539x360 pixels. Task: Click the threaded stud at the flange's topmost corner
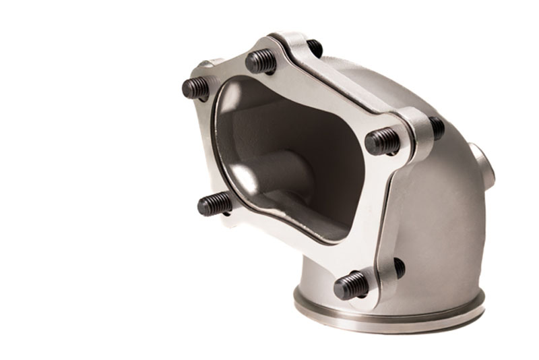[261, 61]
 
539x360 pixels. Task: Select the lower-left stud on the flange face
[214, 203]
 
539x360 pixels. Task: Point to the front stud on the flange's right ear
[383, 141]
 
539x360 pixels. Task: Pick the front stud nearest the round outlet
[351, 285]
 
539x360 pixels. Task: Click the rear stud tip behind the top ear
[314, 48]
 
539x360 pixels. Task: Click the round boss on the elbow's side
[484, 165]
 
